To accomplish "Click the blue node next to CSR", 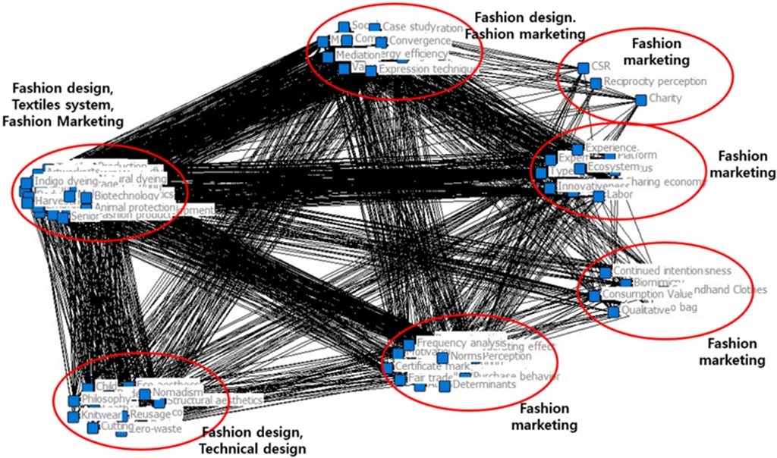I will [x=583, y=67].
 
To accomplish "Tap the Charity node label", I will [x=665, y=98].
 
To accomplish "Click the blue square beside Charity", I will [x=641, y=99].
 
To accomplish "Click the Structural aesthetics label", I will [x=215, y=400].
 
